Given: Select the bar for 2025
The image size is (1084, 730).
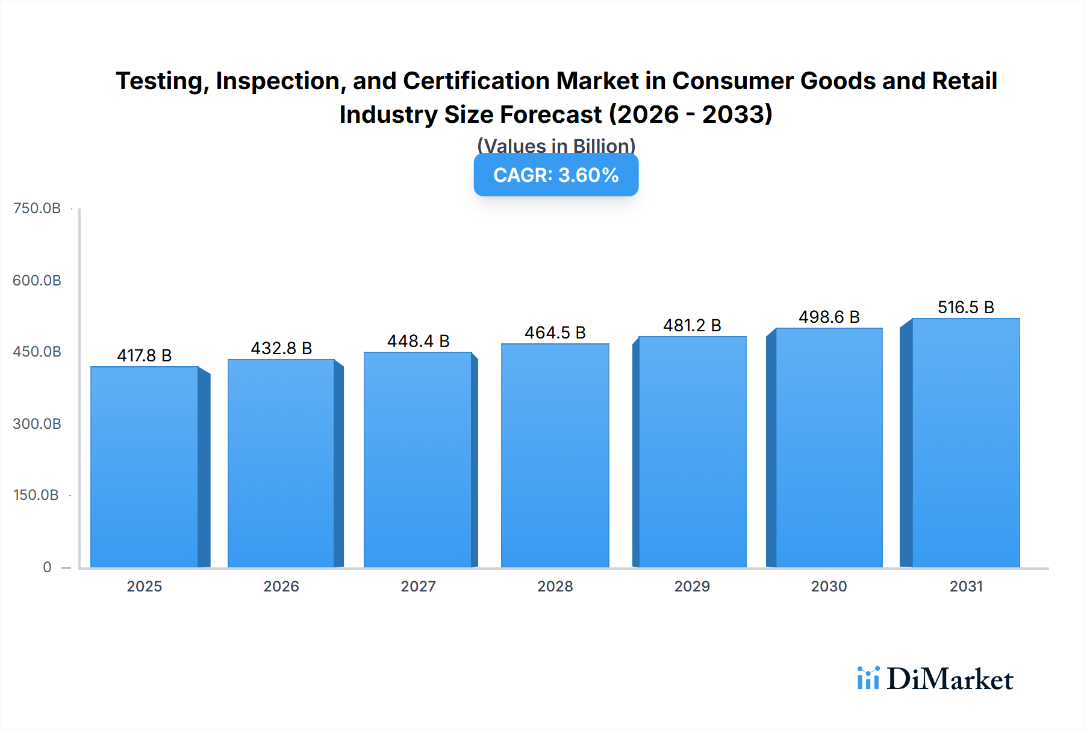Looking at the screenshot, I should [145, 467].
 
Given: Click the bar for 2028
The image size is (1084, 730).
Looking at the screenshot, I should [555, 455].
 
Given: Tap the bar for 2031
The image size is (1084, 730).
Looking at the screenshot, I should [965, 443].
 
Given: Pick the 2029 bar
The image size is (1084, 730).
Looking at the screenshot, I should [692, 452].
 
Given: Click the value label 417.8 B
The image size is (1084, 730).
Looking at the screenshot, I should [145, 355].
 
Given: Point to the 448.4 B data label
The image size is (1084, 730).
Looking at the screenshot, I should [418, 341].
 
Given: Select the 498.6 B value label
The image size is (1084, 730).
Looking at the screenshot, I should [829, 317].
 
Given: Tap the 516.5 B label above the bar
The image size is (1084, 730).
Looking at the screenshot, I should [965, 307].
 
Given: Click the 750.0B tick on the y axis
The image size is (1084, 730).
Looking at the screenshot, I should [37, 208].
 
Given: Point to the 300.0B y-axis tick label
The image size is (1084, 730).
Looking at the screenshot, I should [37, 423].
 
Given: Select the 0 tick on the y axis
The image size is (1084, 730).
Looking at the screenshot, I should [47, 567].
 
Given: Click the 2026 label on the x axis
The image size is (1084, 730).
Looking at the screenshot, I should [281, 586].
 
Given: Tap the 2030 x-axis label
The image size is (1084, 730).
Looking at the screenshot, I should [829, 586].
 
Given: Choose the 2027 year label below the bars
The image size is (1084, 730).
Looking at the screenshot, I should [418, 586].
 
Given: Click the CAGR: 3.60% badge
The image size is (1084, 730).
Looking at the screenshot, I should [556, 175].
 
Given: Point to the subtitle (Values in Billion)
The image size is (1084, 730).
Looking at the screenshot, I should [556, 145].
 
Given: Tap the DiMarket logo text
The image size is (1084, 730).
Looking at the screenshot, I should [950, 679].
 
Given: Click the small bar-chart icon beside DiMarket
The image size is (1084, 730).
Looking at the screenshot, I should [868, 678].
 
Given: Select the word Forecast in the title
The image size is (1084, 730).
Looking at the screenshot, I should [550, 114].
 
